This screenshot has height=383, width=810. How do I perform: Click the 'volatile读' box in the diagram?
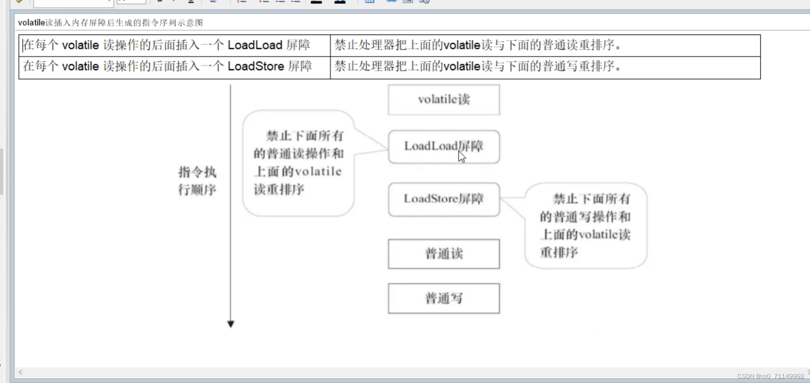444,100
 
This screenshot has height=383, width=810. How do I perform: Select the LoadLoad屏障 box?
444,146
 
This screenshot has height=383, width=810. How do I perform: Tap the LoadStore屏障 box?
444,199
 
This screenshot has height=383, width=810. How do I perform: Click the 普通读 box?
444,254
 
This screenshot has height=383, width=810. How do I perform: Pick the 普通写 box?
444,298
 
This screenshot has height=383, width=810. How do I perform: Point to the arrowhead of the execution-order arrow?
230,324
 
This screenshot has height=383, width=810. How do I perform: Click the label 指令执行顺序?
197,181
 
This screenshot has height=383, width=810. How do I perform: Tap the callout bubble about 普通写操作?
586,225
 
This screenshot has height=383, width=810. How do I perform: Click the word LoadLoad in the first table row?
255,45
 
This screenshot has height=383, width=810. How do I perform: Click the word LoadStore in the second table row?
255,66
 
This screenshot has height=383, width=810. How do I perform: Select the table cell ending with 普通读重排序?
545,46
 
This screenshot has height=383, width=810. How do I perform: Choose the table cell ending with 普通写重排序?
545,67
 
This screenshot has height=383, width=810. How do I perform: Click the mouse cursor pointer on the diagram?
461,156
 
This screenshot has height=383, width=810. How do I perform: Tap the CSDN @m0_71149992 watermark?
771,376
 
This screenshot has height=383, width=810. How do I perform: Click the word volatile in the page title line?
32,23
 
